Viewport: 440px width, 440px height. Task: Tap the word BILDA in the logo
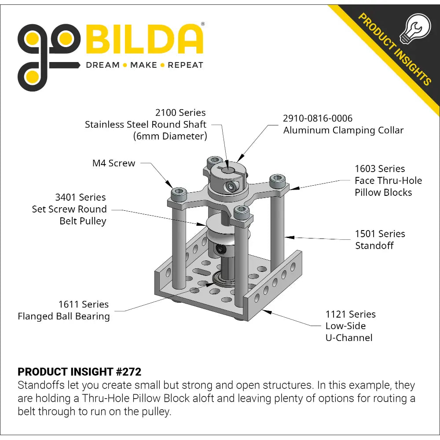click(144, 39)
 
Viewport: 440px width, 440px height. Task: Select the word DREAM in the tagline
click(103, 65)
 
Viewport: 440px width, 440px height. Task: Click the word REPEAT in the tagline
click(185, 65)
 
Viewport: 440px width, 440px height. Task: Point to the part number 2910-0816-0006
click(317, 118)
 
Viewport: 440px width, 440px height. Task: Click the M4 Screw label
click(114, 163)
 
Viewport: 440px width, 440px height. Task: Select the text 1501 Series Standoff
click(380, 240)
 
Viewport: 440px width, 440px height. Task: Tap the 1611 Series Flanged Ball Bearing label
click(64, 310)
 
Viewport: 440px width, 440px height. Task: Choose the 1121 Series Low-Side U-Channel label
click(351, 326)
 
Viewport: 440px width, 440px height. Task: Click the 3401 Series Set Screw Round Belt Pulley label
click(69, 209)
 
